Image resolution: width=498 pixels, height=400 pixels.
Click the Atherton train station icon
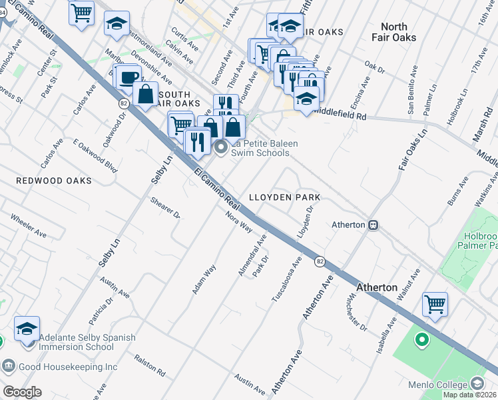click(374, 225)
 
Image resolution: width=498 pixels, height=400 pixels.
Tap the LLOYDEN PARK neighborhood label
click(284, 198)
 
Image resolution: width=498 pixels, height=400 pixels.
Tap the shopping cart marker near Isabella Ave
click(435, 305)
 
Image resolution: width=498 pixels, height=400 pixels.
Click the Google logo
click(22, 392)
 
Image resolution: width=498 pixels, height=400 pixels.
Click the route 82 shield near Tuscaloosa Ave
click(320, 261)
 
